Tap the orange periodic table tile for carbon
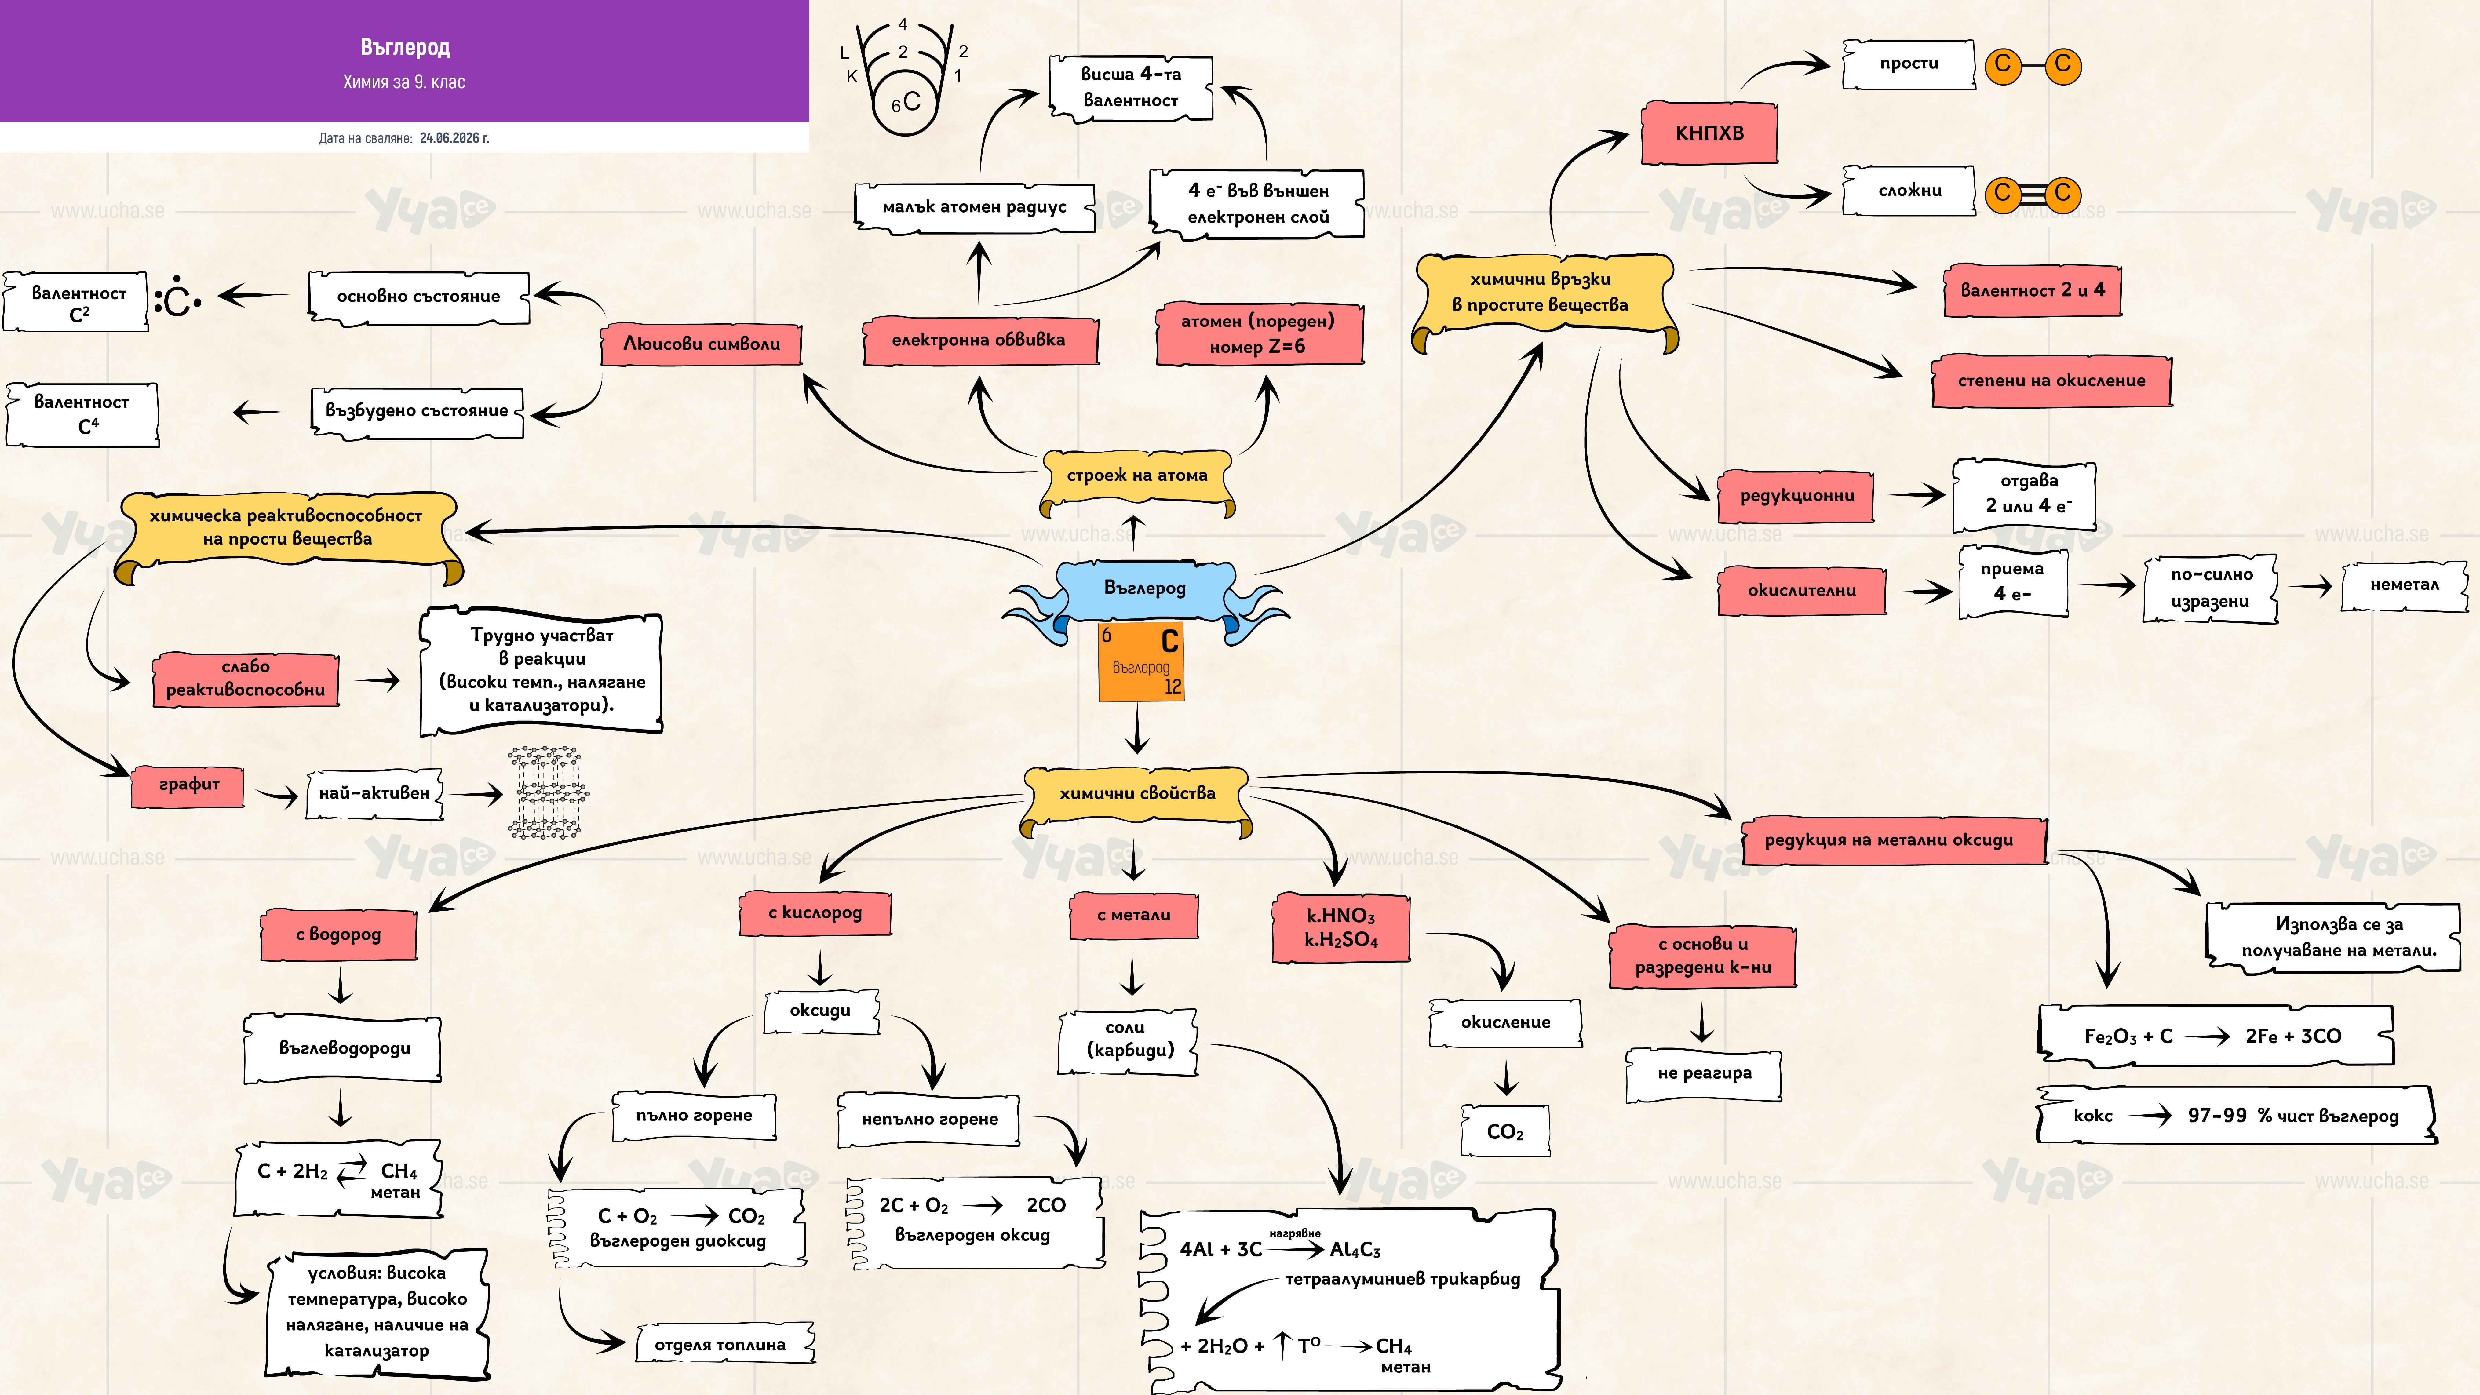pos(1141,661)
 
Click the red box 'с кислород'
pos(815,913)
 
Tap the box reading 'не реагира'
pos(1704,1073)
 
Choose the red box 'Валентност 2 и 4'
pos(2031,290)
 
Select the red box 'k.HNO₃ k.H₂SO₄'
pos(1341,928)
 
